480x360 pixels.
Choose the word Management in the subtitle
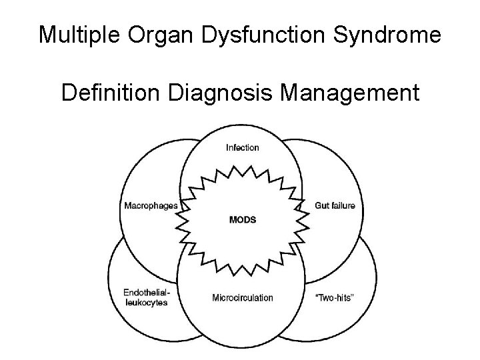pos(351,92)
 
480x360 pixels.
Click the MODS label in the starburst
pos(243,219)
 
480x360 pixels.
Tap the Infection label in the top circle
pos(243,147)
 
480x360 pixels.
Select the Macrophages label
pos(151,205)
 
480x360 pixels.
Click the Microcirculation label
pos(243,297)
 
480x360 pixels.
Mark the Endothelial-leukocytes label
pos(145,297)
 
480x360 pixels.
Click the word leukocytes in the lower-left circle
pos(145,303)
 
